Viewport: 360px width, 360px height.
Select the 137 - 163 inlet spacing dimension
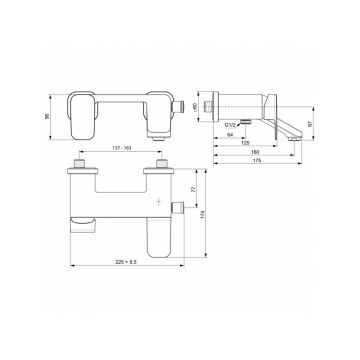click(x=122, y=148)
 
